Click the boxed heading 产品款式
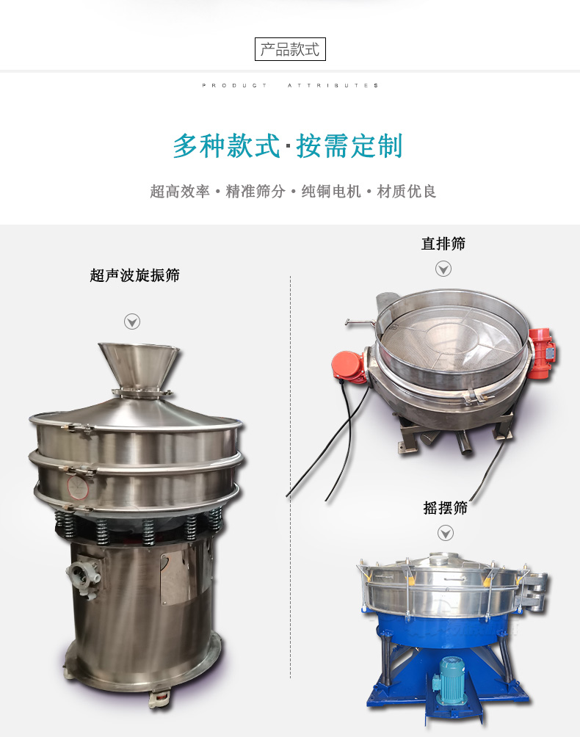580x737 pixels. pyautogui.click(x=290, y=49)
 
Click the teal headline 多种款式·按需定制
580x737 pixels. pyautogui.click(x=288, y=145)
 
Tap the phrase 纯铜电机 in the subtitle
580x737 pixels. pyautogui.click(x=331, y=192)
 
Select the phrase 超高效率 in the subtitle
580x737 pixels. pyautogui.click(x=180, y=192)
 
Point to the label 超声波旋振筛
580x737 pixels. pyautogui.click(x=135, y=275)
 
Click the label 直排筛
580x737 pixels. pyautogui.click(x=443, y=244)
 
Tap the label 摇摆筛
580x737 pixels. pyautogui.click(x=445, y=508)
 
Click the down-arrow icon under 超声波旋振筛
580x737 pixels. pyautogui.click(x=132, y=322)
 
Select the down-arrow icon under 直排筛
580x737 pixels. pyautogui.click(x=443, y=269)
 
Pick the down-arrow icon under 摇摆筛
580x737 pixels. pyautogui.click(x=446, y=533)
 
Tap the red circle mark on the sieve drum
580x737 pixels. pyautogui.click(x=78, y=487)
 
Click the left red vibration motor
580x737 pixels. pyautogui.click(x=349, y=366)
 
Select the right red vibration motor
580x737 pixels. pyautogui.click(x=542, y=352)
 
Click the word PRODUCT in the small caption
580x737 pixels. pyautogui.click(x=234, y=86)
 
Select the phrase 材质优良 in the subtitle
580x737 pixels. pyautogui.click(x=407, y=192)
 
